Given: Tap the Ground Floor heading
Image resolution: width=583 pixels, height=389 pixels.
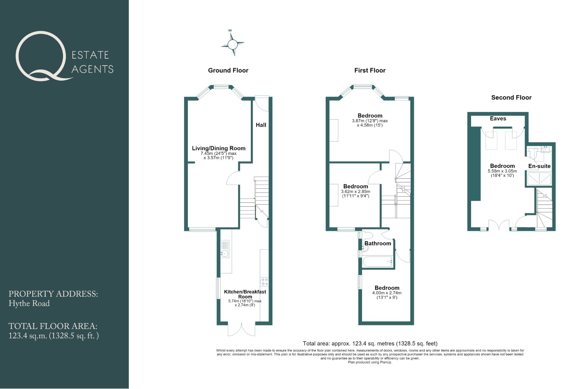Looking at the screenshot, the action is tap(228, 70).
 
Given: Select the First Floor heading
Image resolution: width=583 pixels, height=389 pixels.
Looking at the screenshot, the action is tap(370, 70).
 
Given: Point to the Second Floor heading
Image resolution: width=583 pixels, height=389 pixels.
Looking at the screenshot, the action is tap(511, 98).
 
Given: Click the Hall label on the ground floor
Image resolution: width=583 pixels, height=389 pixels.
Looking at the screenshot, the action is tap(261, 125).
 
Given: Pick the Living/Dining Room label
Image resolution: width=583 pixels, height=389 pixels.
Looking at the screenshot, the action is tap(219, 148).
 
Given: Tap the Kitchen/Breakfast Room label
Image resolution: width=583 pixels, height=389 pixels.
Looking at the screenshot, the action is tap(245, 294).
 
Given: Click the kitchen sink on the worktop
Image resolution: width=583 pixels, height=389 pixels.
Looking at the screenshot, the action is tap(224, 249).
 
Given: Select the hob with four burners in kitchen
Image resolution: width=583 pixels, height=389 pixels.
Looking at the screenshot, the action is tap(265, 282).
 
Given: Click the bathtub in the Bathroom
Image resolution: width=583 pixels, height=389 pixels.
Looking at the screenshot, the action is tap(378, 261).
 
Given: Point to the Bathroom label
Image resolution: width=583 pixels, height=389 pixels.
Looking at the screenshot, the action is tap(378, 243).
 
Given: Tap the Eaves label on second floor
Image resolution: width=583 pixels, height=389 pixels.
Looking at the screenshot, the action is tap(498, 119).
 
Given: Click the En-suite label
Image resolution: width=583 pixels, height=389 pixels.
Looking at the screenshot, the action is tap(539, 166).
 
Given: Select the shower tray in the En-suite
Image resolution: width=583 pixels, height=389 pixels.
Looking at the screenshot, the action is tap(539, 179).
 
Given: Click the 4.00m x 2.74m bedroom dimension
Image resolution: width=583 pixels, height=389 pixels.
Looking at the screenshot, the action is tap(387, 295).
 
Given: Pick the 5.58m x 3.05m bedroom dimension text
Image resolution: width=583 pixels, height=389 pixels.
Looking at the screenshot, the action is tap(502, 173).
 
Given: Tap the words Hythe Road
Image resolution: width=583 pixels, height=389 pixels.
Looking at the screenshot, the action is tap(29, 304).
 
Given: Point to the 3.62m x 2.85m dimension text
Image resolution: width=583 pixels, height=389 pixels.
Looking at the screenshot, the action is tap(356, 193).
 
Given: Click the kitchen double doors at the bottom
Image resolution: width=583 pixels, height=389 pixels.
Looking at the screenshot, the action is tap(241, 329).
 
